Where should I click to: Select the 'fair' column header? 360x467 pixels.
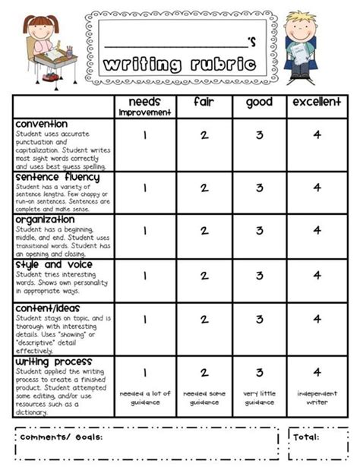pyautogui.click(x=203, y=102)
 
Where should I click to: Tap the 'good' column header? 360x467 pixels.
pyautogui.click(x=259, y=102)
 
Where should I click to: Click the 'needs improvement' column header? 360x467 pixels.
pyautogui.click(x=145, y=106)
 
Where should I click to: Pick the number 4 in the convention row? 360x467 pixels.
pyautogui.click(x=317, y=135)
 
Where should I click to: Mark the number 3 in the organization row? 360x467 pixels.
pyautogui.click(x=260, y=231)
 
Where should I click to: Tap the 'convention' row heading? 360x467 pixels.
pyautogui.click(x=41, y=123)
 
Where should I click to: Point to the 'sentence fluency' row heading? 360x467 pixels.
pyautogui.click(x=56, y=176)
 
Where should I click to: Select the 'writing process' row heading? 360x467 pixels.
pyautogui.click(x=53, y=361)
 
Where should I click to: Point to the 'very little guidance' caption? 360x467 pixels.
pyautogui.click(x=260, y=397)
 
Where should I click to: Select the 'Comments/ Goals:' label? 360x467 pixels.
pyautogui.click(x=61, y=437)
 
